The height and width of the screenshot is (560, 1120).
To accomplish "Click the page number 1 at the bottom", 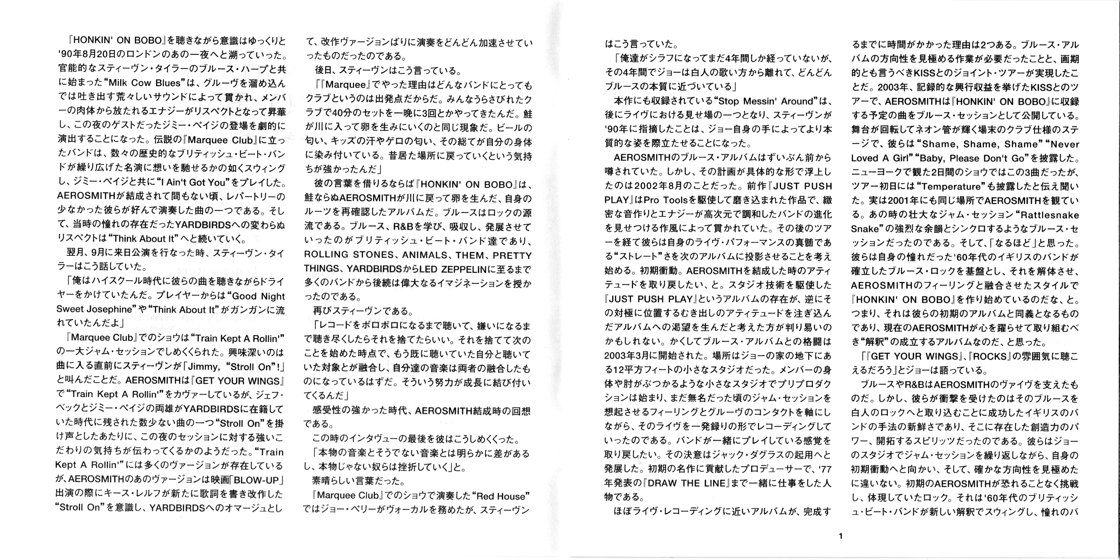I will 840,536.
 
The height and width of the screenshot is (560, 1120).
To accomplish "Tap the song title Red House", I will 503,496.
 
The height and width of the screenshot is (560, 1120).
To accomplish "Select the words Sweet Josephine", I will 94,309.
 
